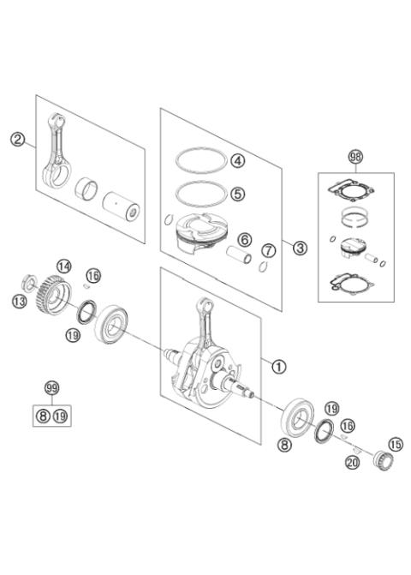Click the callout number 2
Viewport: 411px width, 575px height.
(x=17, y=140)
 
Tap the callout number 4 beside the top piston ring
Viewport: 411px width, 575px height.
(x=238, y=160)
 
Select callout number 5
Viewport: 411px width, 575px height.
(x=238, y=194)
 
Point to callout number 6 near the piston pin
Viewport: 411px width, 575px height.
(x=244, y=240)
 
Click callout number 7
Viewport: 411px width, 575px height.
(x=269, y=251)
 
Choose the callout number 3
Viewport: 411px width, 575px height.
(x=300, y=248)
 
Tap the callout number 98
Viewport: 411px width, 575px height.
(x=355, y=158)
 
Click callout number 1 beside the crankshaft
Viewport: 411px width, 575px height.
(x=279, y=366)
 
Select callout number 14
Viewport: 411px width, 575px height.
(x=64, y=267)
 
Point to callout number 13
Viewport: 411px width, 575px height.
(x=20, y=302)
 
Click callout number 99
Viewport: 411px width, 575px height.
(x=51, y=388)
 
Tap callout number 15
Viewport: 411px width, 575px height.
(x=396, y=445)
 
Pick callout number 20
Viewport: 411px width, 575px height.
(x=353, y=463)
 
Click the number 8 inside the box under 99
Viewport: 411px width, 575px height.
(x=43, y=416)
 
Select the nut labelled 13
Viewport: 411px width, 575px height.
(x=28, y=282)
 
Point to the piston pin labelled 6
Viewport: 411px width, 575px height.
(x=239, y=255)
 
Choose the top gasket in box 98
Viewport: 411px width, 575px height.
(x=351, y=191)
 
